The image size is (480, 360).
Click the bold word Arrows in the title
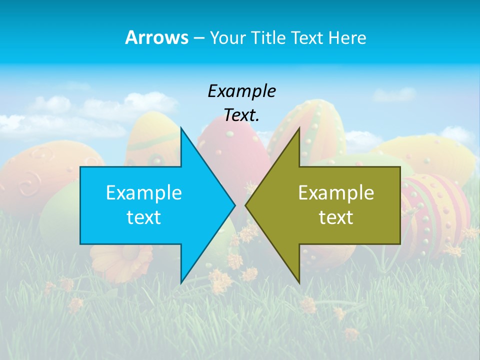point(156,37)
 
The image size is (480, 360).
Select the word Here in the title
point(347,37)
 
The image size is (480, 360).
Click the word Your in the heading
point(226,38)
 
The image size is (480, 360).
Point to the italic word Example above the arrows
point(241,91)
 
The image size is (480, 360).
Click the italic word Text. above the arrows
point(241,115)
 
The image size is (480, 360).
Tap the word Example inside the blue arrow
point(144,192)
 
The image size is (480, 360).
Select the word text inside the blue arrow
point(144,217)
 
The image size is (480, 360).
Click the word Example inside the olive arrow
point(336,192)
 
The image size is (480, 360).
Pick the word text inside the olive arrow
point(336,217)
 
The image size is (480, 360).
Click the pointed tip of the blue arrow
point(234,205)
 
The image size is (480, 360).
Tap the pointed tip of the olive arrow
point(245,205)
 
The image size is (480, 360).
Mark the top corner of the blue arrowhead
point(181,128)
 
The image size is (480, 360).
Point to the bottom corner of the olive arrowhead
point(299,282)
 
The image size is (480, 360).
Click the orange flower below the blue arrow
point(122,260)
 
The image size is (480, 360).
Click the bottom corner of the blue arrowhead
point(181,282)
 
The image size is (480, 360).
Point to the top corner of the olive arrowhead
point(299,128)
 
